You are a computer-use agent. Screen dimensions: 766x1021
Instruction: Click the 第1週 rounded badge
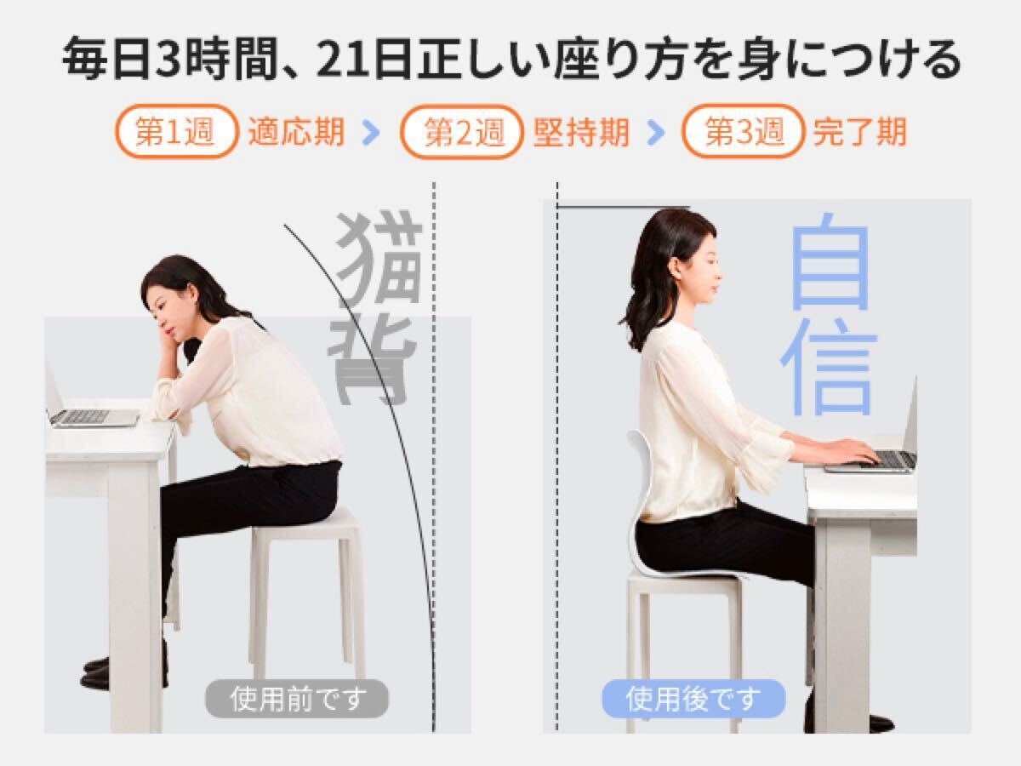[175, 132]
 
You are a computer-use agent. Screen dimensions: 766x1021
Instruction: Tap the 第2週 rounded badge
[462, 132]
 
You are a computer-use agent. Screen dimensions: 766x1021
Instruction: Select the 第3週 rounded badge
[743, 132]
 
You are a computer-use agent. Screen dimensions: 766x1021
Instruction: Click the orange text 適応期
[296, 133]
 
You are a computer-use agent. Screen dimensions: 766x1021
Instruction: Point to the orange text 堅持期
[581, 133]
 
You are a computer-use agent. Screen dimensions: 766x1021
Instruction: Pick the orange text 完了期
[859, 133]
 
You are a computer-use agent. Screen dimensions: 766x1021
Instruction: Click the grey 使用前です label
[296, 700]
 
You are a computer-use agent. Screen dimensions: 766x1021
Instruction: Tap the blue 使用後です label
[693, 700]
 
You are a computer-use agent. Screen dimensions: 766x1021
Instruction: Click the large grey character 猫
[380, 255]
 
